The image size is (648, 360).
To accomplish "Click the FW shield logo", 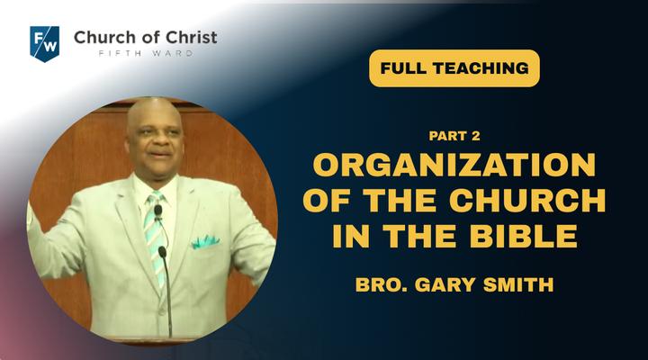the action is click(x=45, y=44).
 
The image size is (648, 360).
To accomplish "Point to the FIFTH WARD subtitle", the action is click(x=146, y=54).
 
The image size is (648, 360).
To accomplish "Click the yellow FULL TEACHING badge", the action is click(x=454, y=68).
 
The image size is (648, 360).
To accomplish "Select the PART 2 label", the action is click(x=454, y=136).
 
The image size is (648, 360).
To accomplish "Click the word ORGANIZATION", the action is click(x=454, y=165).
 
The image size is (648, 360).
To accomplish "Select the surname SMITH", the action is click(x=518, y=284).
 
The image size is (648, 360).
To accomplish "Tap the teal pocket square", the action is click(x=205, y=242).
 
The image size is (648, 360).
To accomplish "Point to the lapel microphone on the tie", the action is click(x=157, y=211).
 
